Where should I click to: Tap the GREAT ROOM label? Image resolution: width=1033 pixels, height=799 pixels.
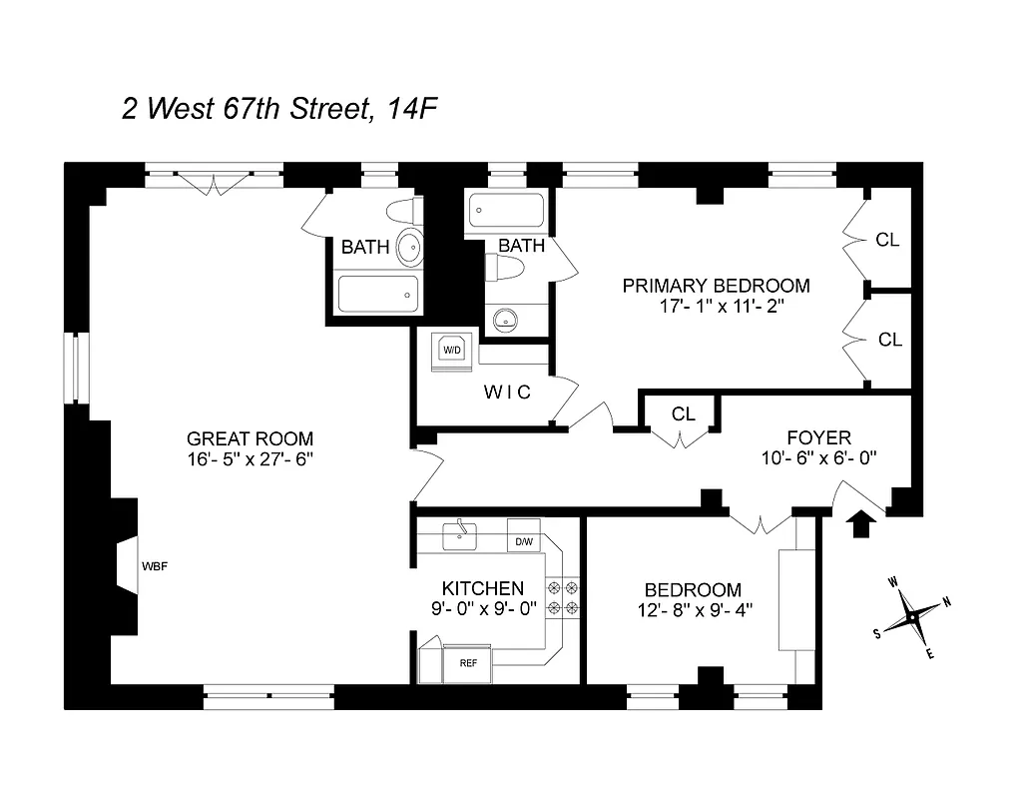250,438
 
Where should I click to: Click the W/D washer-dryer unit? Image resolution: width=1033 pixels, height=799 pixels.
452,351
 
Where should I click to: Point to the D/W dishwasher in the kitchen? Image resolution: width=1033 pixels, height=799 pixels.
523,542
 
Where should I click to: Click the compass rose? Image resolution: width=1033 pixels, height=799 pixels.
912,616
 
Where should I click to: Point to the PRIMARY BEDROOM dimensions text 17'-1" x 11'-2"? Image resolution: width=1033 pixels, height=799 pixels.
716,308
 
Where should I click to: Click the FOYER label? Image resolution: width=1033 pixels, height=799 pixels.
818,437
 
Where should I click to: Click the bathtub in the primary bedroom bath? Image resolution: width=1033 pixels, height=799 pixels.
505,211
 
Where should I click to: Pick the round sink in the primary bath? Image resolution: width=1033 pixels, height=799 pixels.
507,320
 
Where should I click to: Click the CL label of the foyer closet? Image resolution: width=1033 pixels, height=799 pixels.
683,413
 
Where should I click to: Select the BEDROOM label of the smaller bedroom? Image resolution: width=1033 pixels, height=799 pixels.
693,589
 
